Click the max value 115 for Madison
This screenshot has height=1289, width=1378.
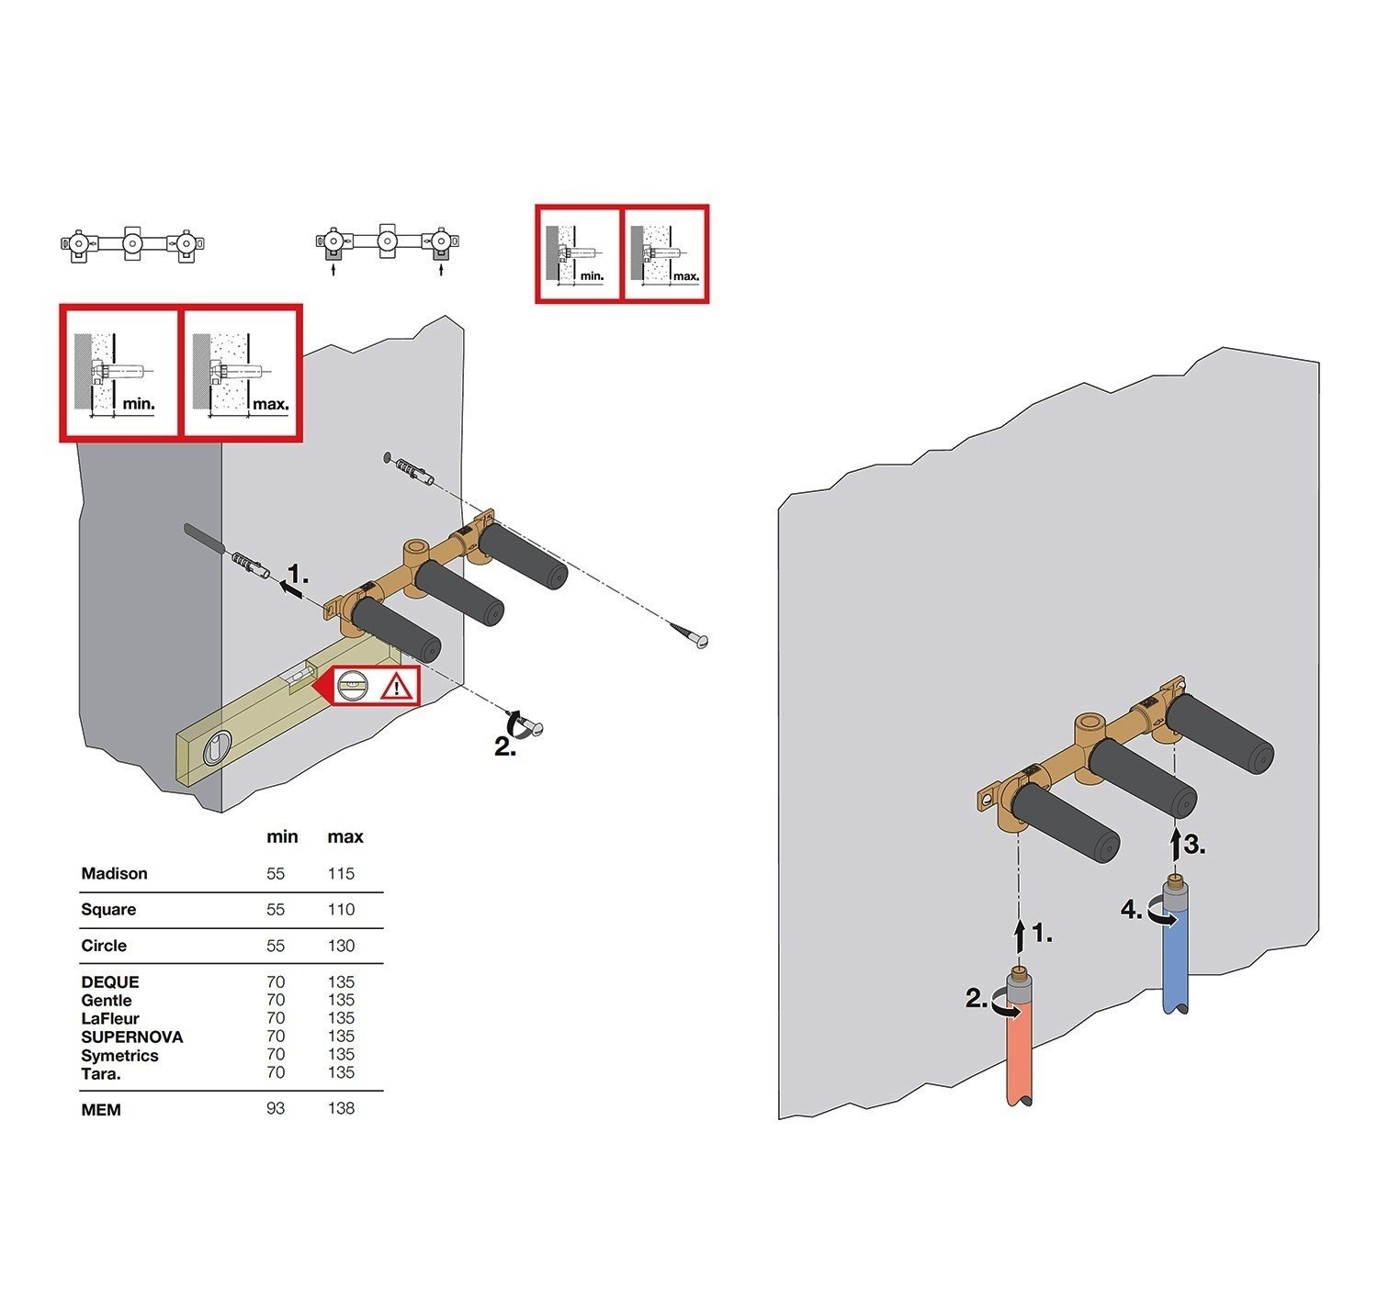pos(341,873)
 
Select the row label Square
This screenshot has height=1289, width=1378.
pos(108,909)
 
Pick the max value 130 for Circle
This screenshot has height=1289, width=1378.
pos(341,946)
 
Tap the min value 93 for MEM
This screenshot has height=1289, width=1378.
pos(276,1109)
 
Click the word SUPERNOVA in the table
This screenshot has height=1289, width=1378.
pos(132,1037)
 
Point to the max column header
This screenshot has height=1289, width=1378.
pos(345,836)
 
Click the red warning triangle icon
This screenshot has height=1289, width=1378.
pos(398,687)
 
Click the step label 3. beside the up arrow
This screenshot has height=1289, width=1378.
pos(1194,845)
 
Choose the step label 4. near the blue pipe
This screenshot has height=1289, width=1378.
pos(1132,910)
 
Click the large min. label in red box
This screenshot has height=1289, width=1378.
pos(139,404)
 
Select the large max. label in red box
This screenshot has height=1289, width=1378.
pos(271,404)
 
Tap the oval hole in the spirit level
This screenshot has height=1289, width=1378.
pos(213,748)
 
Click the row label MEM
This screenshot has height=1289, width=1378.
pos(101,1110)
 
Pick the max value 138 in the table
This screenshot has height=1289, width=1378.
pos(341,1109)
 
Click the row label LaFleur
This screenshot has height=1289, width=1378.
pos(110,1018)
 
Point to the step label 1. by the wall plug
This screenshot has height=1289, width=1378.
pos(299,576)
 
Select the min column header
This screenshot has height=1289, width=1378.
pos(282,836)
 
